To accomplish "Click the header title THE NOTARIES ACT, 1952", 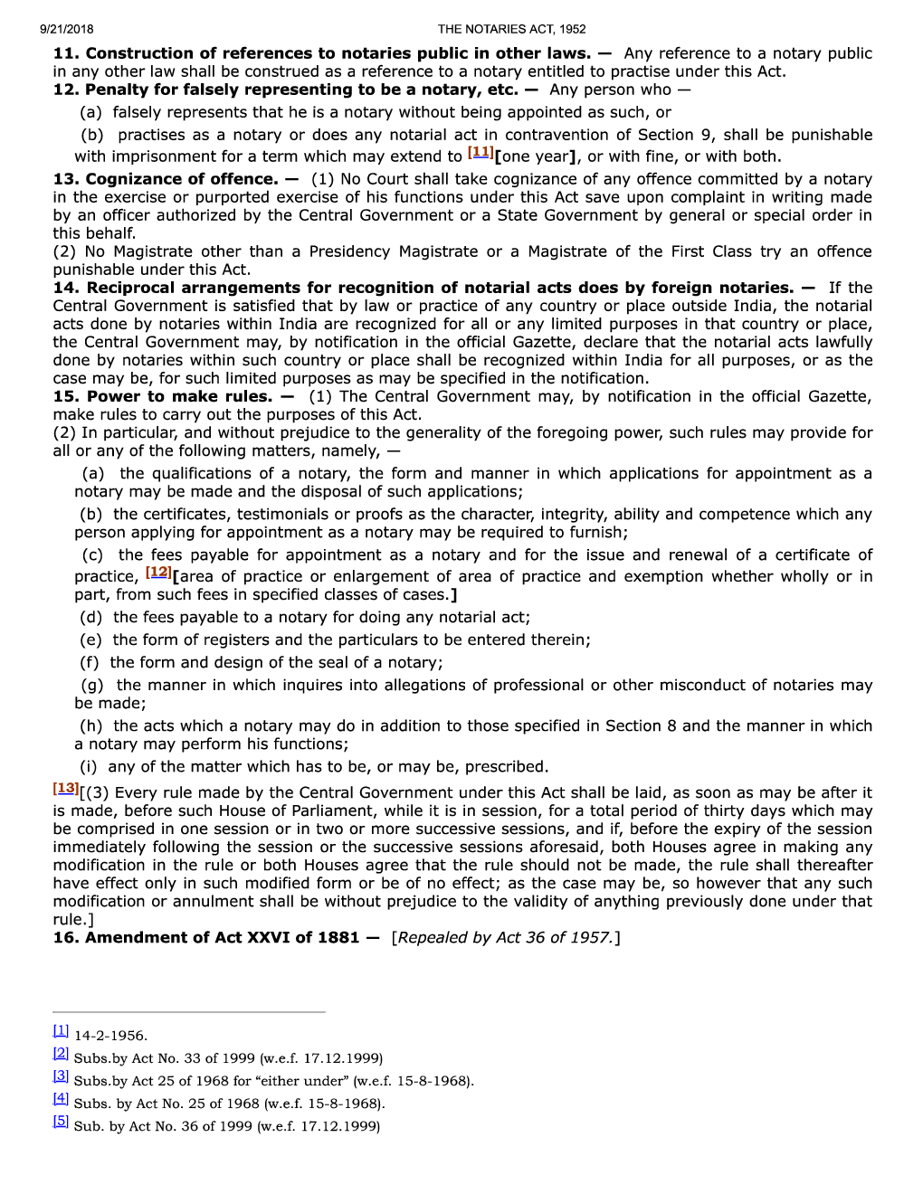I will pyautogui.click(x=511, y=29).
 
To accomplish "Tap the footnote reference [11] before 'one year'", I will pyautogui.click(x=480, y=153).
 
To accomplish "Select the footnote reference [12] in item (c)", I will pyautogui.click(x=157, y=573).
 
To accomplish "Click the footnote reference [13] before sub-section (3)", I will pyautogui.click(x=65, y=789).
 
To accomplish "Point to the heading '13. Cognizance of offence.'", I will pyautogui.click(x=166, y=179).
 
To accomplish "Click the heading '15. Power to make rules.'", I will pyautogui.click(x=163, y=396).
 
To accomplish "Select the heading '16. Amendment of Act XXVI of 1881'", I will pyautogui.click(x=206, y=937).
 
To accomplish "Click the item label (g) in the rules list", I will pyautogui.click(x=91, y=685).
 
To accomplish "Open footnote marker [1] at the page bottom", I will pyautogui.click(x=61, y=1031).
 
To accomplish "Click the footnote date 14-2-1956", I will pyautogui.click(x=110, y=1036).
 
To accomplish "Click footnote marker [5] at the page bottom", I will pyautogui.click(x=61, y=1122).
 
